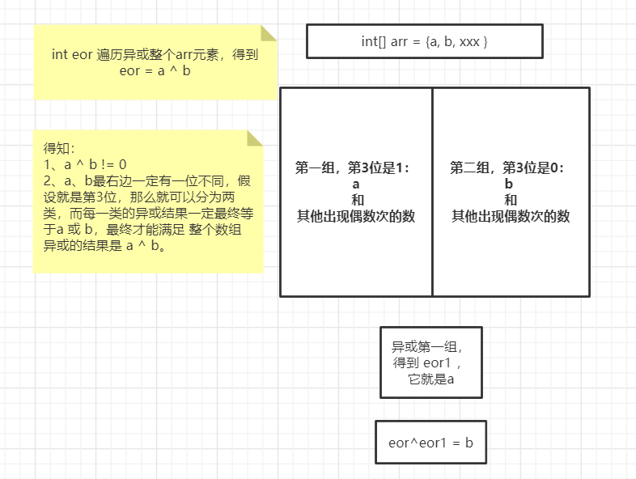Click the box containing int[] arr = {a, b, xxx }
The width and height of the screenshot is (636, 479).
click(x=424, y=41)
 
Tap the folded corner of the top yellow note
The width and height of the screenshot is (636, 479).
click(x=268, y=33)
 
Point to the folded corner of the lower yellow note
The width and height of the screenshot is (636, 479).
click(x=255, y=138)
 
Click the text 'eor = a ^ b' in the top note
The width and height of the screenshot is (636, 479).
click(x=155, y=70)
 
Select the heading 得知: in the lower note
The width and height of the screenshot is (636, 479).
click(x=59, y=148)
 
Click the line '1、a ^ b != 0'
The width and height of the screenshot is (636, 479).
click(x=85, y=164)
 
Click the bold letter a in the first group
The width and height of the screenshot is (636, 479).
click(x=356, y=184)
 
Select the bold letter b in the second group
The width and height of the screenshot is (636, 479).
click(x=510, y=184)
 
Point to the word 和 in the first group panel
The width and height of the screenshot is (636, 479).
click(x=356, y=200)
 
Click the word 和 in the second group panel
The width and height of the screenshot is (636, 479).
click(x=510, y=200)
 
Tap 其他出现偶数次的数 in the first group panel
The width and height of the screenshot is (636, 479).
click(x=356, y=216)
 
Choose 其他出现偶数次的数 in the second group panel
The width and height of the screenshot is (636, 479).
click(x=510, y=216)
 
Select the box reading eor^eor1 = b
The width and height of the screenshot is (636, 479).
click(x=430, y=443)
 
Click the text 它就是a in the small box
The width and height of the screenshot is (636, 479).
click(x=431, y=379)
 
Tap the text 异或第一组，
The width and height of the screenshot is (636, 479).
click(x=428, y=347)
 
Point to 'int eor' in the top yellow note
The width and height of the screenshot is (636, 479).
click(x=71, y=55)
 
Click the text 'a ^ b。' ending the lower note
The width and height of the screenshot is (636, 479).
click(x=146, y=246)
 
